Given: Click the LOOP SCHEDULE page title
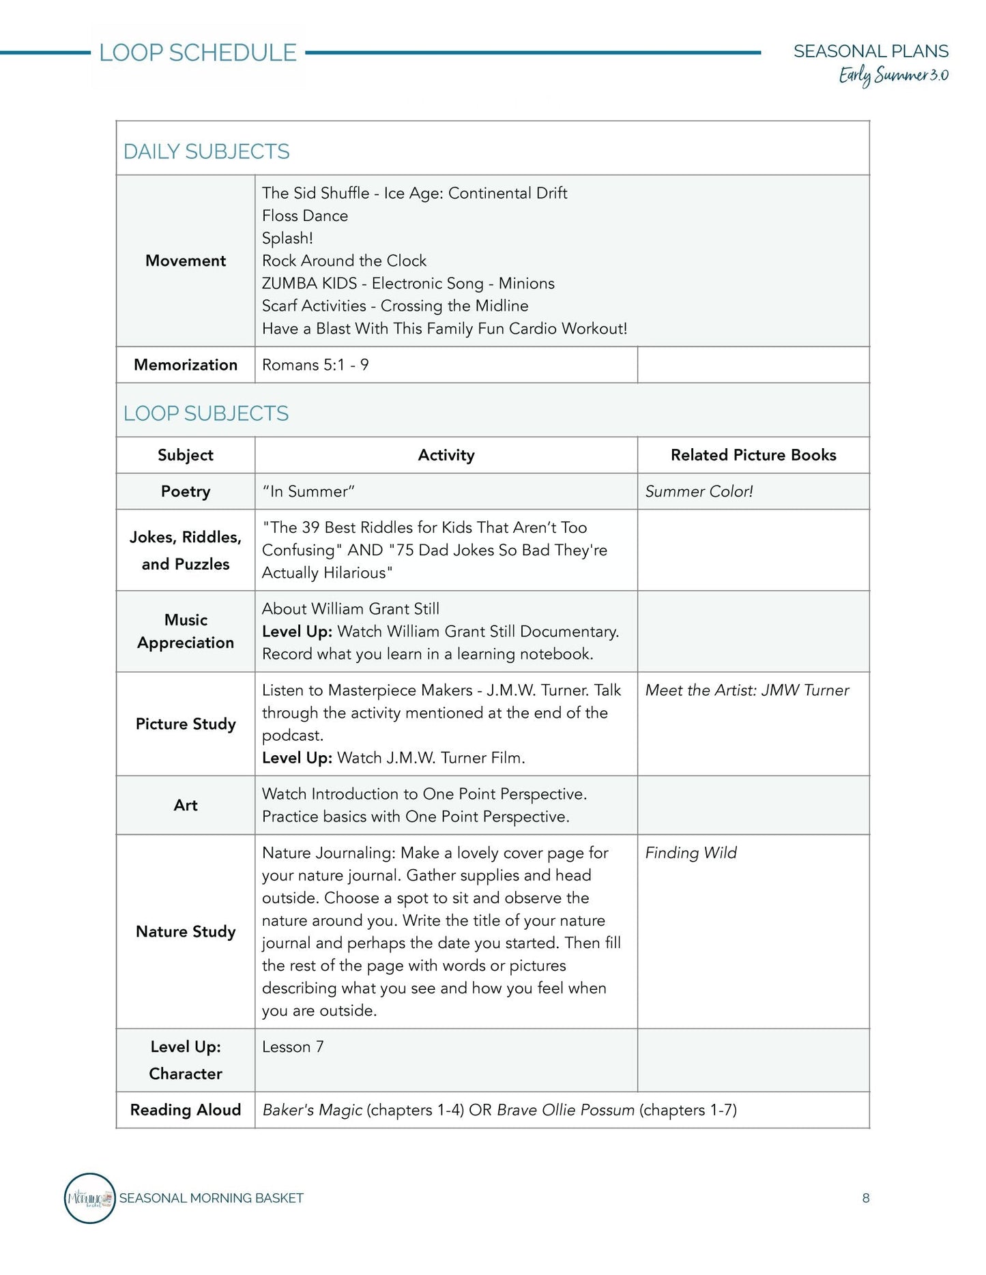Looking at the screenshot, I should tap(198, 53).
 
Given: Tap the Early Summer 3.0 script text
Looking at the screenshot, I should tap(893, 76).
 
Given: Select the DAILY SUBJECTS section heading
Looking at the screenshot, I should tap(206, 151).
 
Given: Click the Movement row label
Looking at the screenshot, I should tap(186, 261).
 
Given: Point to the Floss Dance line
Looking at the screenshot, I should tap(305, 216).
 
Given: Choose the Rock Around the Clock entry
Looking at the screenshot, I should tap(344, 261).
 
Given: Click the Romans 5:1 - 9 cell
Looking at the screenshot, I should tap(315, 365).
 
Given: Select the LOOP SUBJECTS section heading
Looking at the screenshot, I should tap(206, 413).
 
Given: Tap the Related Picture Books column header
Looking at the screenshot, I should tap(753, 455).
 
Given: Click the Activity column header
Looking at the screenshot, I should tap(446, 455).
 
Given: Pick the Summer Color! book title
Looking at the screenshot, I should tap(699, 491).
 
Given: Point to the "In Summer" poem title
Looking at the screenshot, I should tap(308, 491).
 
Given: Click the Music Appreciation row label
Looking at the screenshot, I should tap(186, 631).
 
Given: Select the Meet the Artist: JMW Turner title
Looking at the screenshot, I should tap(747, 690).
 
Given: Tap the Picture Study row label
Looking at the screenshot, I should tap(186, 724).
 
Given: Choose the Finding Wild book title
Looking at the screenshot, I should tap(691, 853).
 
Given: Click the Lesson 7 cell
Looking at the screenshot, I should tap(293, 1046).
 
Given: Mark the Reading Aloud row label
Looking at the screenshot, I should tap(186, 1110).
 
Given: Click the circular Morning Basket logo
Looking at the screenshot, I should tap(89, 1198).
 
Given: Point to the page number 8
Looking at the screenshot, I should tap(866, 1198).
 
